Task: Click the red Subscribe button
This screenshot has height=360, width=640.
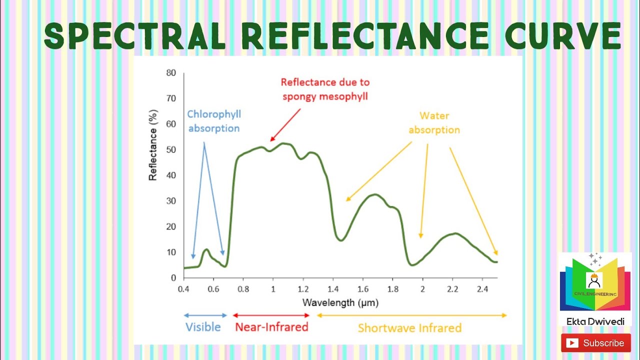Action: click(595, 343)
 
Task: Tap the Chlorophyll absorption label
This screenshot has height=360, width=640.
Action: click(214, 121)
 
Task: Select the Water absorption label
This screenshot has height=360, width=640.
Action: click(434, 123)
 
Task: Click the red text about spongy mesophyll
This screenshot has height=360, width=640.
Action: click(325, 89)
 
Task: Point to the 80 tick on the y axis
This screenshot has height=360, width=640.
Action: click(171, 73)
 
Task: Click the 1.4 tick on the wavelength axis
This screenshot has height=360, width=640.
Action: click(332, 289)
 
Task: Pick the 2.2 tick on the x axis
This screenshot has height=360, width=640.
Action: click(452, 289)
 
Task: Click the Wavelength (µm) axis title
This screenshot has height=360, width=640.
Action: click(340, 302)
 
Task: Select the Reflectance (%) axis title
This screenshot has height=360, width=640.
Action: click(153, 145)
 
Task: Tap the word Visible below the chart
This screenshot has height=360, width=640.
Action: click(203, 327)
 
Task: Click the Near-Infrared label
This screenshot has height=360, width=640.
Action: click(271, 327)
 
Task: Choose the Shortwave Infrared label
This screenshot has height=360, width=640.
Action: click(409, 328)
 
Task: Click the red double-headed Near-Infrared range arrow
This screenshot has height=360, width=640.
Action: click(271, 315)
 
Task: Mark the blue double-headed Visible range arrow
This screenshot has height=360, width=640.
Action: click(205, 315)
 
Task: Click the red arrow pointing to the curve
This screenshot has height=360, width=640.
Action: click(285, 124)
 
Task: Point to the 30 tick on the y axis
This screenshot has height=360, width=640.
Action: click(171, 201)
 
